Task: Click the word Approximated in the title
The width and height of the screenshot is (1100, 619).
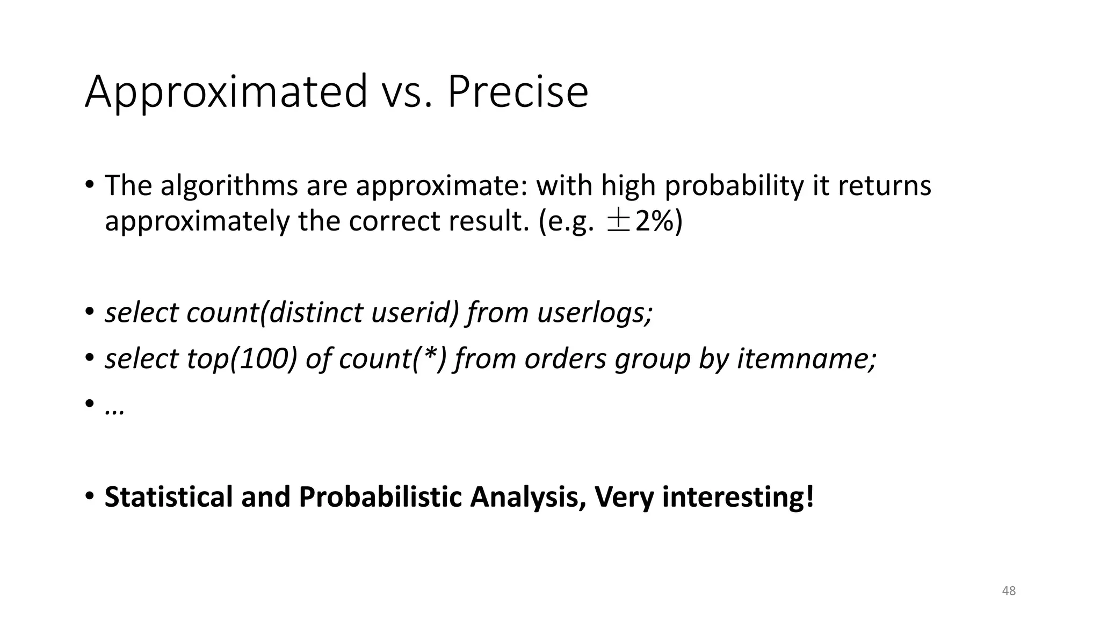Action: pos(226,92)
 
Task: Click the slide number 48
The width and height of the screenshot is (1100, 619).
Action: pos(1009,591)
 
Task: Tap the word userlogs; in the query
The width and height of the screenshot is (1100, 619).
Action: pos(595,312)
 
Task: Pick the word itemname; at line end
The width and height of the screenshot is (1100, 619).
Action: pos(806,358)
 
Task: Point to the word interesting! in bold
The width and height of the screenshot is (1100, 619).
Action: pos(738,496)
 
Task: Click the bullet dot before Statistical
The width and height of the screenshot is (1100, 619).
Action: pos(89,495)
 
